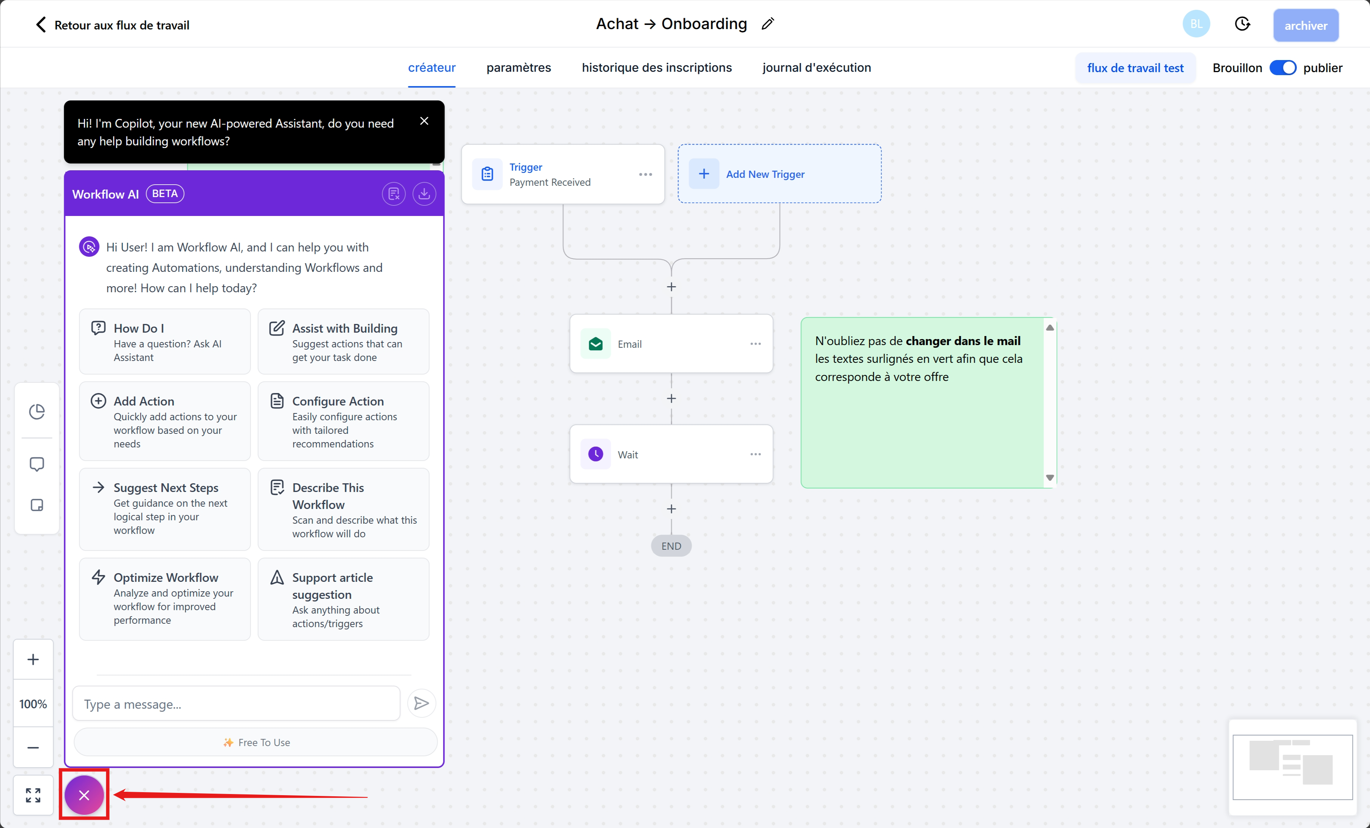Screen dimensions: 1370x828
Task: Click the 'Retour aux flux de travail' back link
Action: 112,25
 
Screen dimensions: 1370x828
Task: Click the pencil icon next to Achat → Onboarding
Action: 768,24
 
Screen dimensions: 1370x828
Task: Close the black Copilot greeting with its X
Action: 424,121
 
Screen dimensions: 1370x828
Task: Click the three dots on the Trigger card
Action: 645,174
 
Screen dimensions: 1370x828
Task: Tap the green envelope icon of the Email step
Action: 596,344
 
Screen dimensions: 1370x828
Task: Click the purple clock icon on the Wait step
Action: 596,455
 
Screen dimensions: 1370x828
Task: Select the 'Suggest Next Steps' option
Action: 165,509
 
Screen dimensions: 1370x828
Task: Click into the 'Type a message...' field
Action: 236,704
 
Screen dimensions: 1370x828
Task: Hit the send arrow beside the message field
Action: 422,703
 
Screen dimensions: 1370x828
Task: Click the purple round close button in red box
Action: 84,795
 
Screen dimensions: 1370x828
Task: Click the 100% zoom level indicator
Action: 33,704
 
